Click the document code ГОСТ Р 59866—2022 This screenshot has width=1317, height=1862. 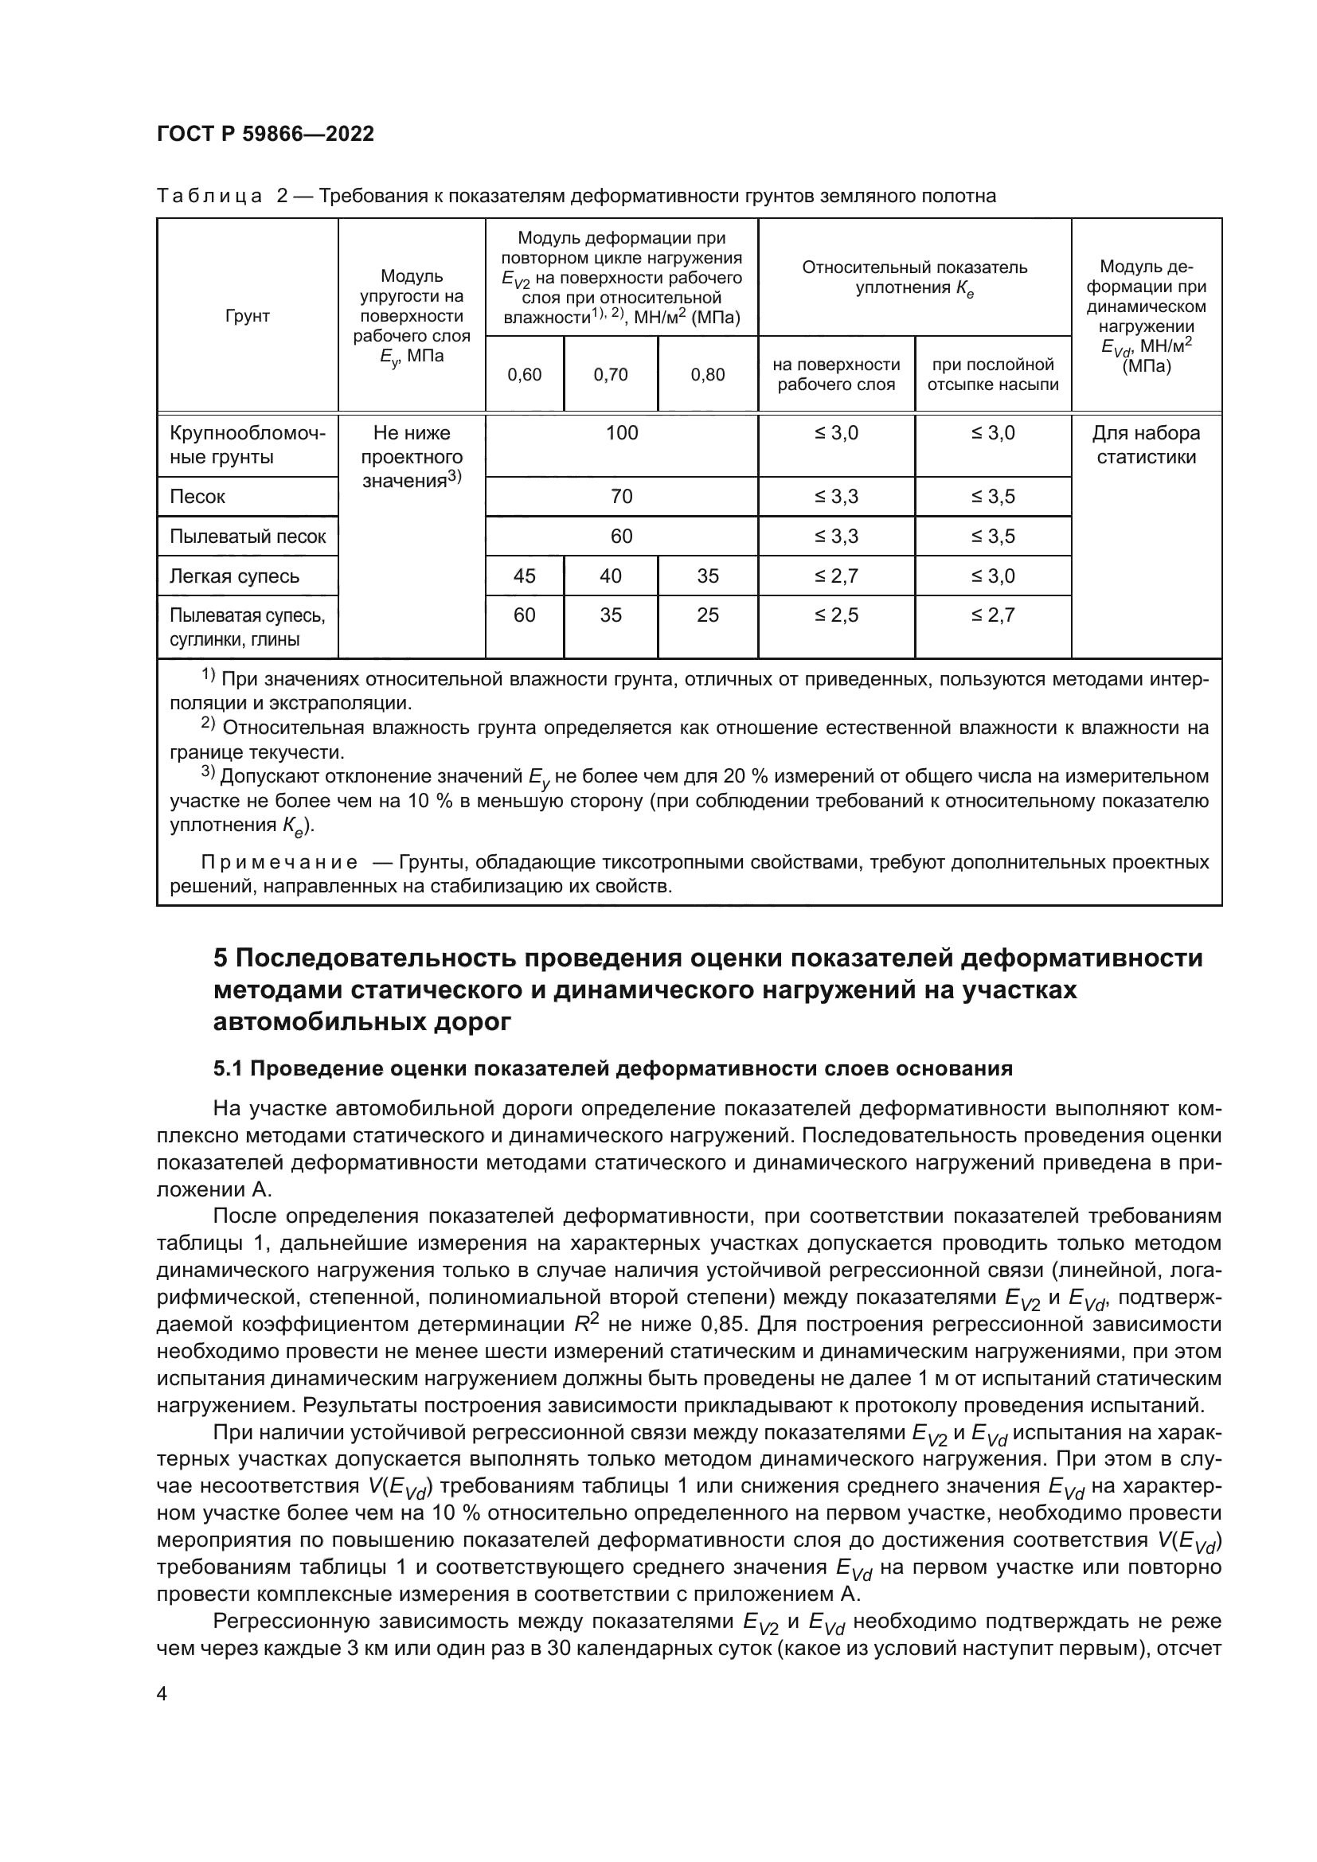(265, 134)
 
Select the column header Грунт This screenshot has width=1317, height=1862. (247, 316)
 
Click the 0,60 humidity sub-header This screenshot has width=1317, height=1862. (524, 375)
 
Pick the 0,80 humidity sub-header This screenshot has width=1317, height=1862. (707, 375)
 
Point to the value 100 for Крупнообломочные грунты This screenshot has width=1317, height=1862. (621, 433)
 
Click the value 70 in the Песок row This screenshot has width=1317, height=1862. (621, 496)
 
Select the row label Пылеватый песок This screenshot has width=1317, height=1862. (248, 536)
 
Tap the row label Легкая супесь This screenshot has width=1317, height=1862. (234, 576)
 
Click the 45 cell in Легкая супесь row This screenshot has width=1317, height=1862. (524, 576)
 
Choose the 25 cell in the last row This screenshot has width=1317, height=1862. (707, 615)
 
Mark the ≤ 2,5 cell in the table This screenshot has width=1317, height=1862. (836, 615)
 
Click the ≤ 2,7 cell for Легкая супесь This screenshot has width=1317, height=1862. (836, 576)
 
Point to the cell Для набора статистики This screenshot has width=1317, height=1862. (1146, 444)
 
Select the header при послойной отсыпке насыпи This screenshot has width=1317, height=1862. (993, 375)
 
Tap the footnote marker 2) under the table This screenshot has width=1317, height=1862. (208, 724)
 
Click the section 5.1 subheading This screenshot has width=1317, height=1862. (612, 1068)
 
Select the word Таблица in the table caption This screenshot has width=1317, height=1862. (209, 197)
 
